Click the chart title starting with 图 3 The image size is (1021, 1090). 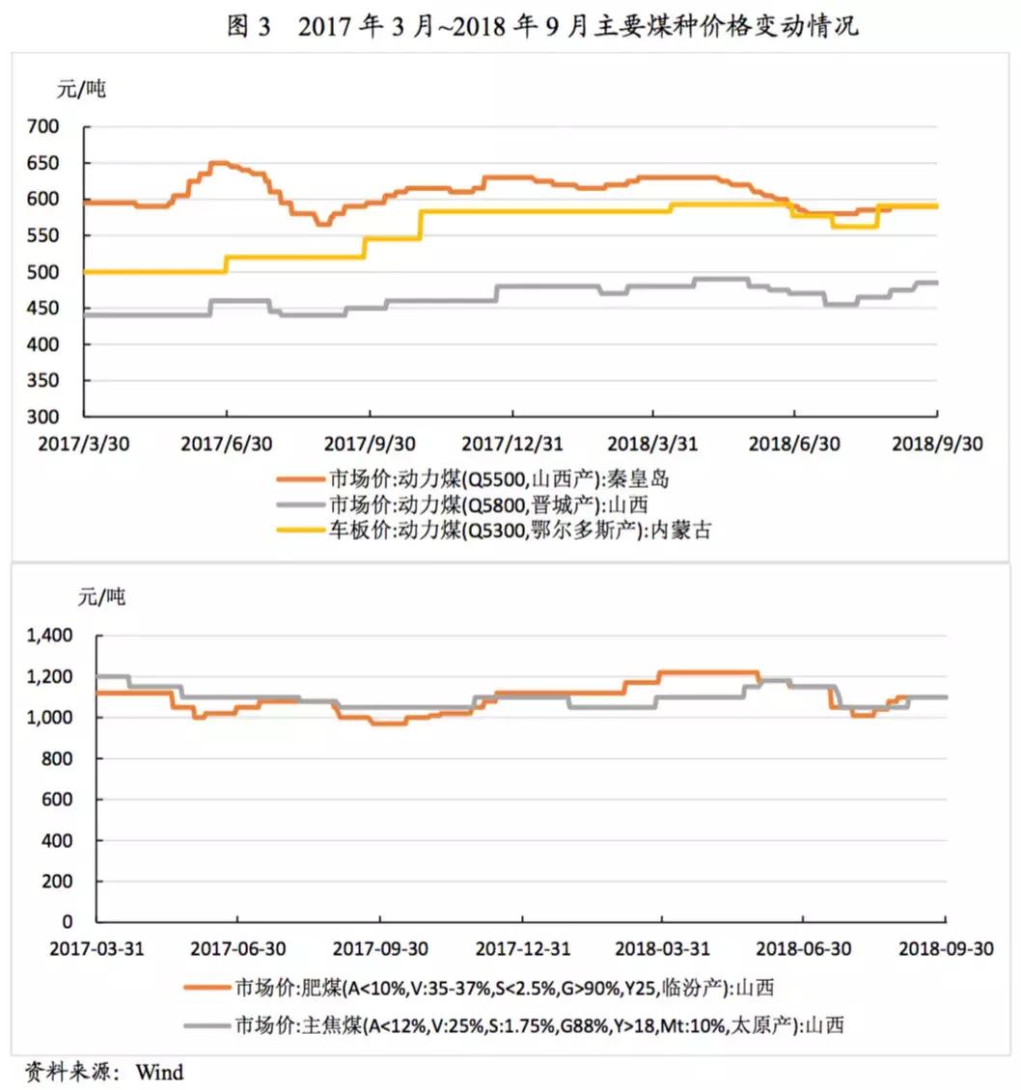[x=541, y=26]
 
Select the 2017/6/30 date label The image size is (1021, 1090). [x=226, y=443]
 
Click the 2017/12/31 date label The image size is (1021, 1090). [x=510, y=443]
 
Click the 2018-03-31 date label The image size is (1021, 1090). [x=661, y=949]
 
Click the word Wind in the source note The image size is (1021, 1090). [x=159, y=1071]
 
